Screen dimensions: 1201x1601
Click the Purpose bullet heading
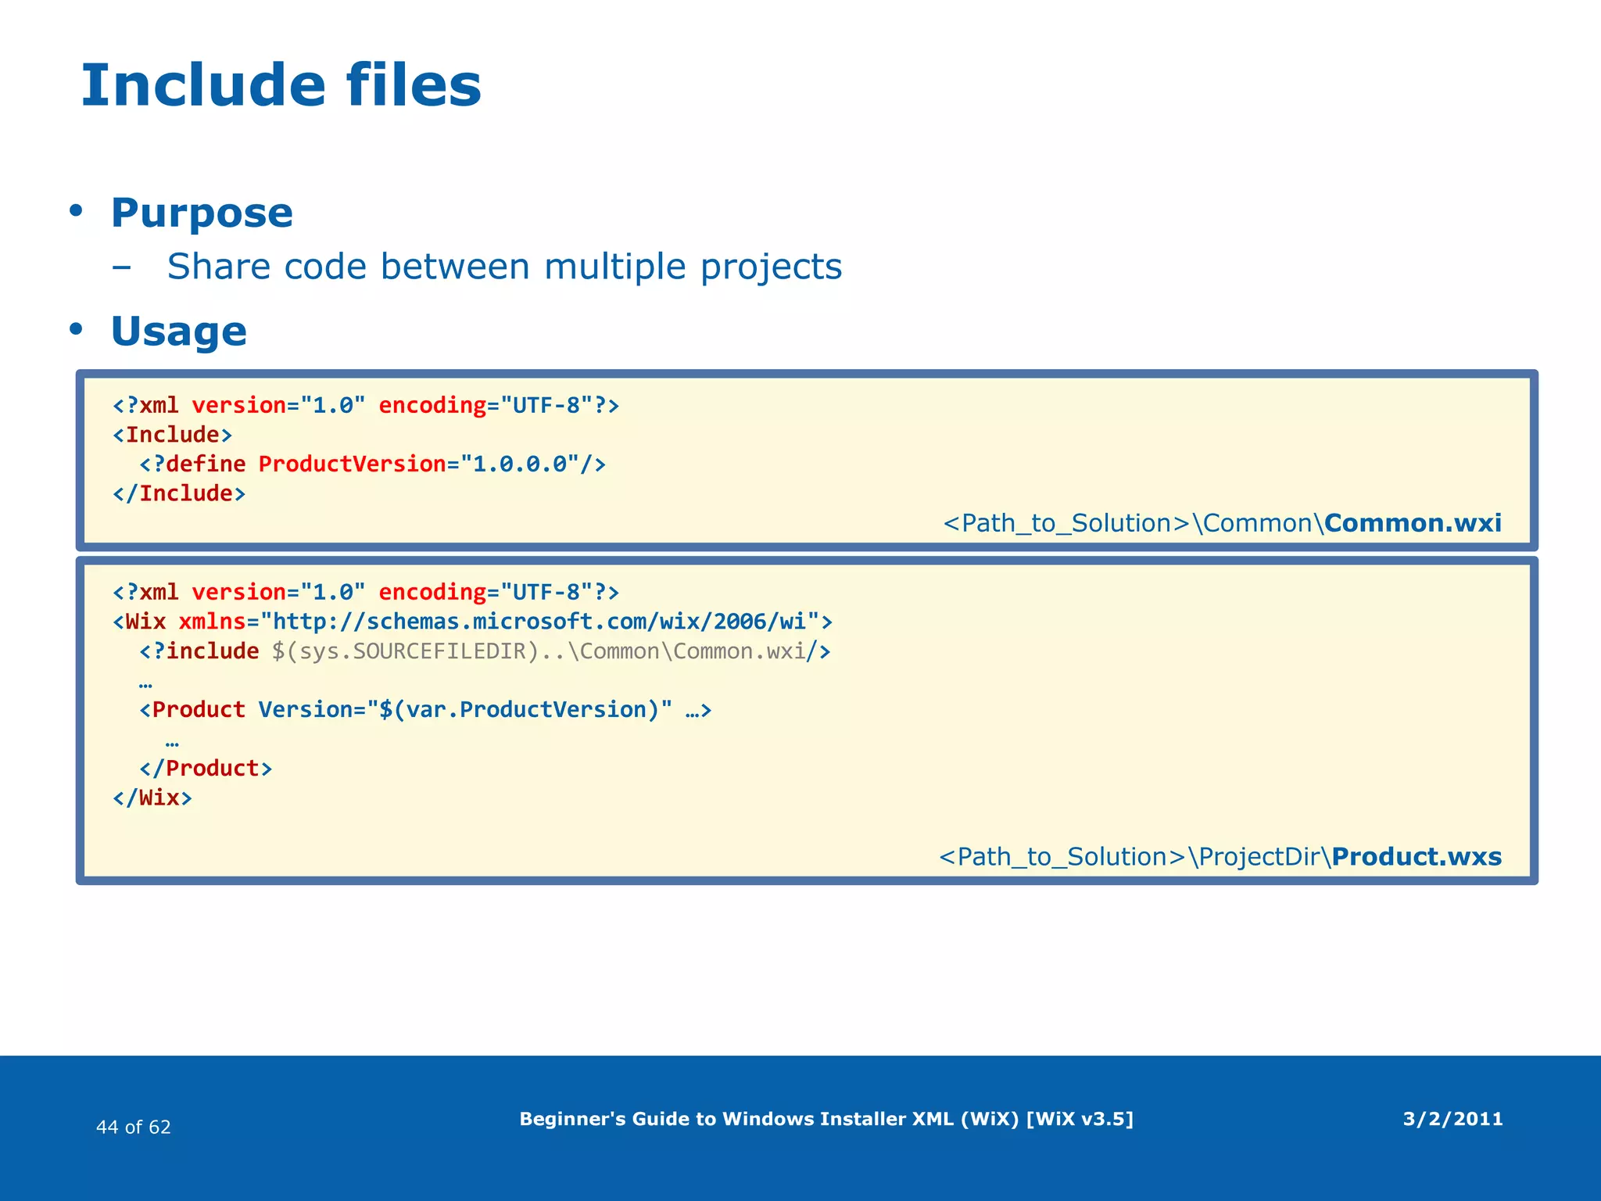(x=202, y=213)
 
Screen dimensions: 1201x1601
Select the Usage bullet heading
(x=178, y=332)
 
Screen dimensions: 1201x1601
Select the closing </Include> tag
(x=179, y=493)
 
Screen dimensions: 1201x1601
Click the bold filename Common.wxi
(x=1413, y=522)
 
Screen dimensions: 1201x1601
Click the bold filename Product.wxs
(x=1417, y=856)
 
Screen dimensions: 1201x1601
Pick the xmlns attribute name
(x=212, y=622)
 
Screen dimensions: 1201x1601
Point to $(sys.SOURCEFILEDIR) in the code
(x=406, y=651)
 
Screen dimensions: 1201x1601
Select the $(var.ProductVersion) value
(x=519, y=709)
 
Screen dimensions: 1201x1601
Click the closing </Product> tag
(x=206, y=768)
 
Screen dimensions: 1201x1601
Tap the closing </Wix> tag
(x=152, y=798)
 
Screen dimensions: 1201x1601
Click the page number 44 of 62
(x=133, y=1127)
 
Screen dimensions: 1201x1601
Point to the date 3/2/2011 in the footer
(x=1452, y=1119)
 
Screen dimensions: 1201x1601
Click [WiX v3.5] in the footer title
(x=1079, y=1119)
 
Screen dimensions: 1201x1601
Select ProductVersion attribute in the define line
(x=352, y=464)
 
